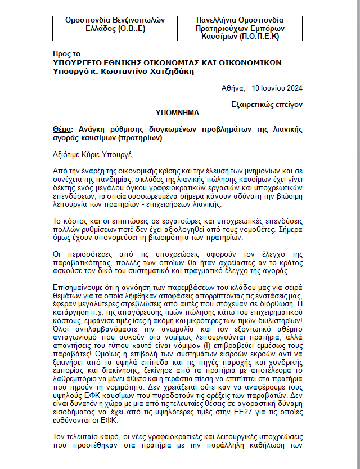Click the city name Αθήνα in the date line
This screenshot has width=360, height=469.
233,88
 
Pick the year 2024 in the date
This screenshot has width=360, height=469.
293,88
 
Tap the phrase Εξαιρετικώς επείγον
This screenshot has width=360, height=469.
267,104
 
